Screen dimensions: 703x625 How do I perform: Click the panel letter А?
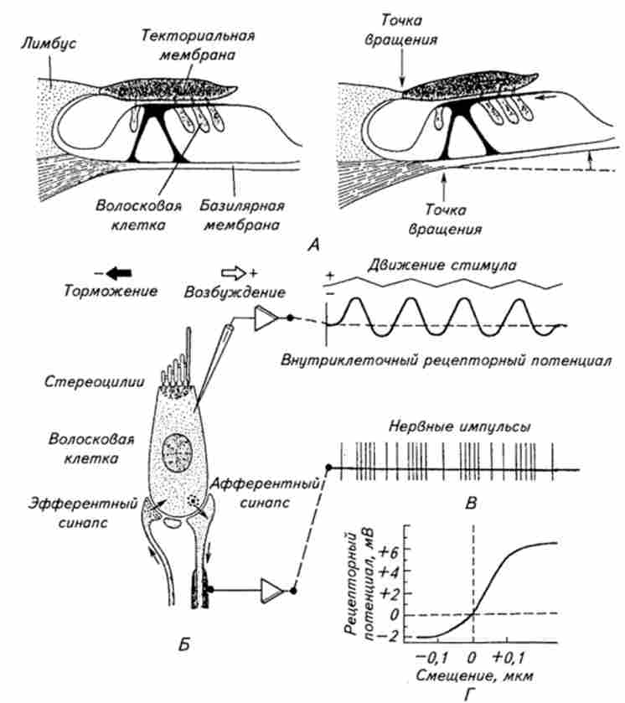[314, 245]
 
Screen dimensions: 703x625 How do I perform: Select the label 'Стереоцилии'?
[70, 386]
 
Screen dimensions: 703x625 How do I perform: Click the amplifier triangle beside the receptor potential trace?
[267, 318]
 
